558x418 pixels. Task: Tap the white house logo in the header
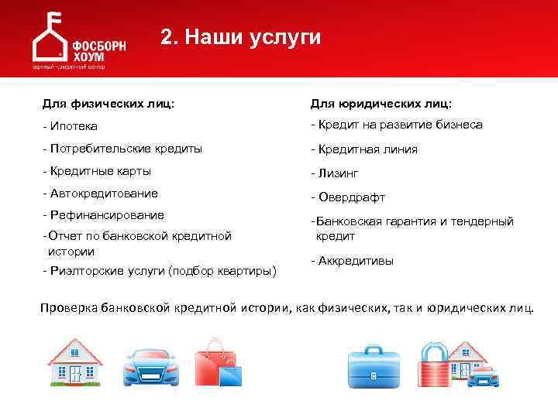pos(48,40)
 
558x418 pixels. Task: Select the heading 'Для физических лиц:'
pos(108,103)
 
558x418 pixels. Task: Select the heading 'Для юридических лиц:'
pos(381,103)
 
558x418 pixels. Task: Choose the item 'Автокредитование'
pos(103,193)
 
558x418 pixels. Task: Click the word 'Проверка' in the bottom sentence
pos(68,308)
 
